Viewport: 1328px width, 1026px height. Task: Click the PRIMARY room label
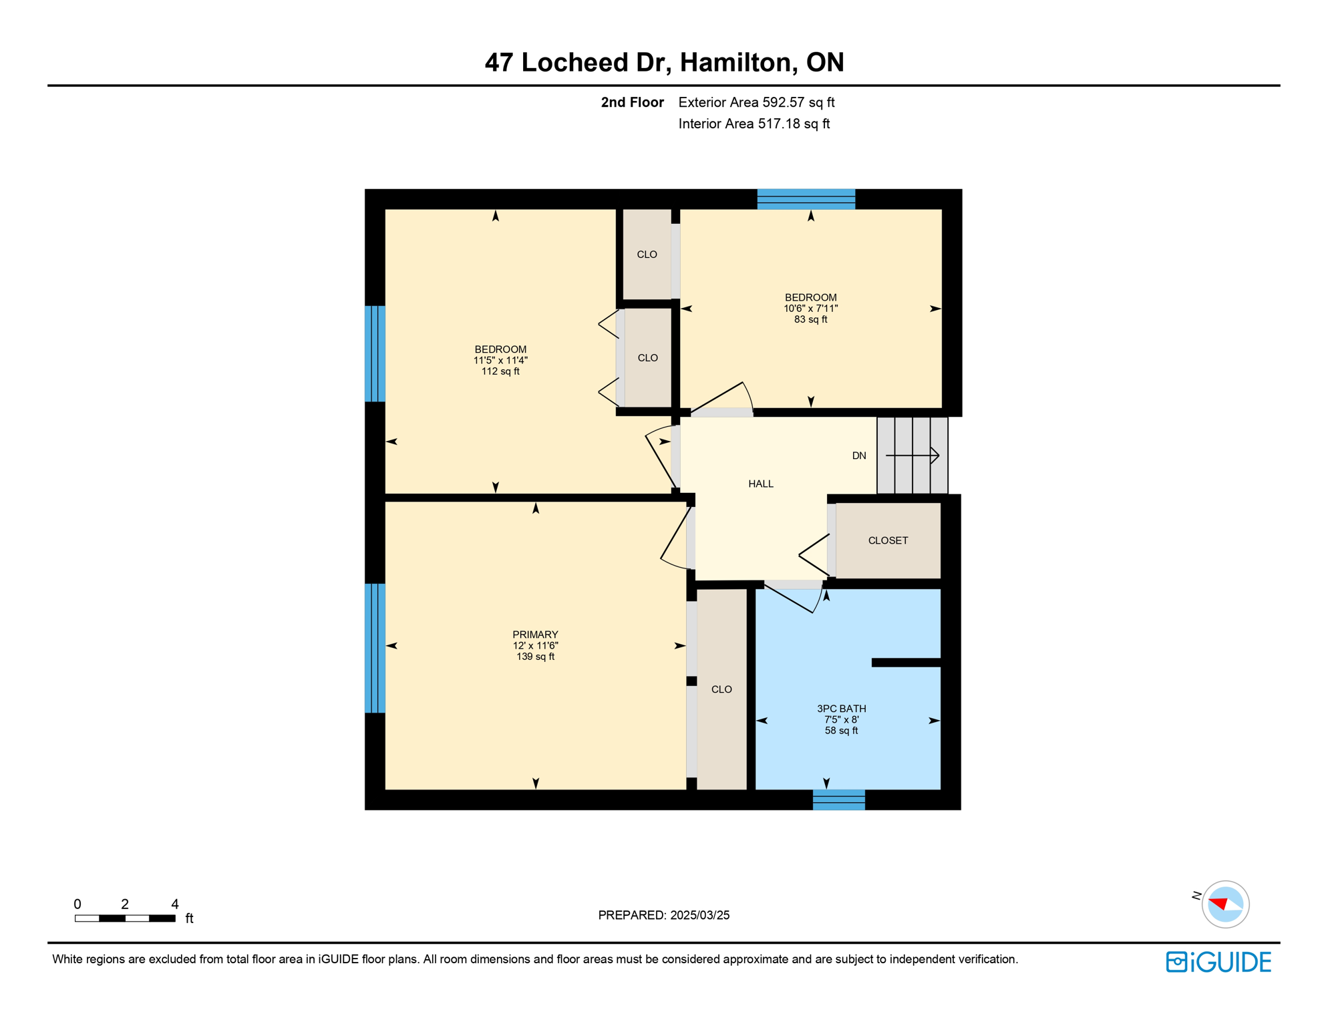pyautogui.click(x=535, y=635)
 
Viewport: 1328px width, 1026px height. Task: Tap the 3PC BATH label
pyautogui.click(x=841, y=709)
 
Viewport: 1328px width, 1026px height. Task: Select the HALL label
pyautogui.click(x=761, y=484)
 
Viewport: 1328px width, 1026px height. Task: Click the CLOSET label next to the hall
pyautogui.click(x=888, y=540)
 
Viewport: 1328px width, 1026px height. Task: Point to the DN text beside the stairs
pyautogui.click(x=859, y=456)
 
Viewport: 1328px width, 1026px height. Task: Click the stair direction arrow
pyautogui.click(x=912, y=456)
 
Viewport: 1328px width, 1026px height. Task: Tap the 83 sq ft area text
pyautogui.click(x=810, y=320)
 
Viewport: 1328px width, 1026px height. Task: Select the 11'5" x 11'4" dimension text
pyautogui.click(x=500, y=361)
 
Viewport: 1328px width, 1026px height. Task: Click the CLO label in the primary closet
pyautogui.click(x=721, y=689)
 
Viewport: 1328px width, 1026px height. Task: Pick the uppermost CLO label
pyautogui.click(x=647, y=254)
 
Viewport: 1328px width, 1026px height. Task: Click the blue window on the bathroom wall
pyautogui.click(x=838, y=800)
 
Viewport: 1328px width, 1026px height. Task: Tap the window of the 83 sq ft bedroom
pyautogui.click(x=806, y=199)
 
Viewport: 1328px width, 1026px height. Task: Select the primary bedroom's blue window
pyautogui.click(x=375, y=648)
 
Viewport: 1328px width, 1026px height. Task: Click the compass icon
pyautogui.click(x=1225, y=904)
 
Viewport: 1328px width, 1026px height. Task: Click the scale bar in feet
pyautogui.click(x=125, y=918)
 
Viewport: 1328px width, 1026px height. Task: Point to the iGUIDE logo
pyautogui.click(x=1218, y=962)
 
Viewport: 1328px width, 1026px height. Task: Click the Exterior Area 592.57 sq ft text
pyautogui.click(x=756, y=102)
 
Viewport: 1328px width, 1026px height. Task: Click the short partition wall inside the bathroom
pyautogui.click(x=906, y=663)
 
